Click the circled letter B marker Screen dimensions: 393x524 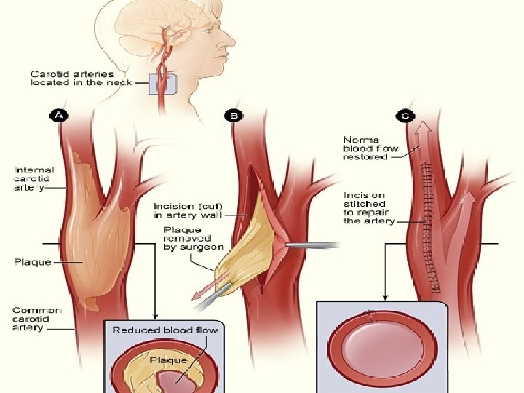pos(235,115)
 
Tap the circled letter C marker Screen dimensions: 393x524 pos(405,115)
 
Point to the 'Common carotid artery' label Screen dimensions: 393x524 pos(37,319)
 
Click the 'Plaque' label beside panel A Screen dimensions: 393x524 pos(32,261)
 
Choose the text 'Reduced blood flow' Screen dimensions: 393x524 pos(164,330)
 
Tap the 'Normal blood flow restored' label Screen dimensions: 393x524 pos(371,148)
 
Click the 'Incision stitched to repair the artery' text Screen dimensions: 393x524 pos(370,208)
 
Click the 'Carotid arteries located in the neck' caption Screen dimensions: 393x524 pos(81,78)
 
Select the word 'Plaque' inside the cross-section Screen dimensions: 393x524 pos(168,360)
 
